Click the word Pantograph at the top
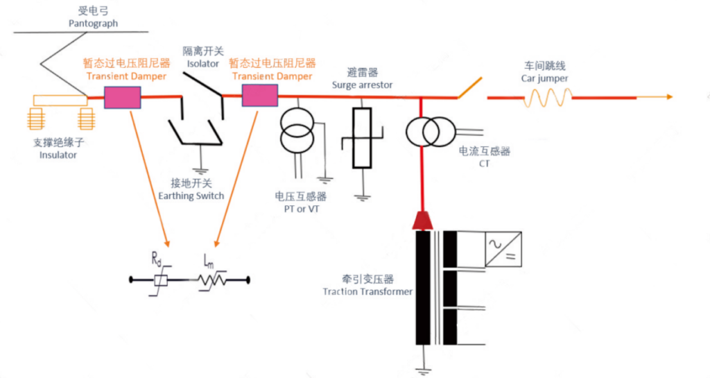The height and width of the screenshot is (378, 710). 93,23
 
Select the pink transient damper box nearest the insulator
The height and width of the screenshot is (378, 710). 122,97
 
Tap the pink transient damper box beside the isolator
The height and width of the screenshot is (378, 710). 259,96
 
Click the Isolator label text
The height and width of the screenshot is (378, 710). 203,64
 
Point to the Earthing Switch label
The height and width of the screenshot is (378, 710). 191,196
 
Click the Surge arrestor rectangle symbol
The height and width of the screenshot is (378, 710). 362,138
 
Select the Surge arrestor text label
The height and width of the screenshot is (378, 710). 362,85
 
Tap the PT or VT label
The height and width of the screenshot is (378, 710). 302,209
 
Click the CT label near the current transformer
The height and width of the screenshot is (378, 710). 484,164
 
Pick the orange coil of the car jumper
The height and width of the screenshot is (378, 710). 548,97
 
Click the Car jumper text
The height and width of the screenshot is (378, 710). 544,78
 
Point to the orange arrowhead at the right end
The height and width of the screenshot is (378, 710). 669,96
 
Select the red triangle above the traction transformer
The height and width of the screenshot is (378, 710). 422,221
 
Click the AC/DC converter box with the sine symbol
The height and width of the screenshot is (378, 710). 503,249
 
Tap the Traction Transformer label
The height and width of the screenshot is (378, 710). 367,291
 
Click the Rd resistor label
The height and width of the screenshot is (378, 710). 156,259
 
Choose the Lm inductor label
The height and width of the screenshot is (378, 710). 209,260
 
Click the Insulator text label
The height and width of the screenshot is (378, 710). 58,155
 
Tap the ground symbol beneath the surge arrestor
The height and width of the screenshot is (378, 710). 362,198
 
